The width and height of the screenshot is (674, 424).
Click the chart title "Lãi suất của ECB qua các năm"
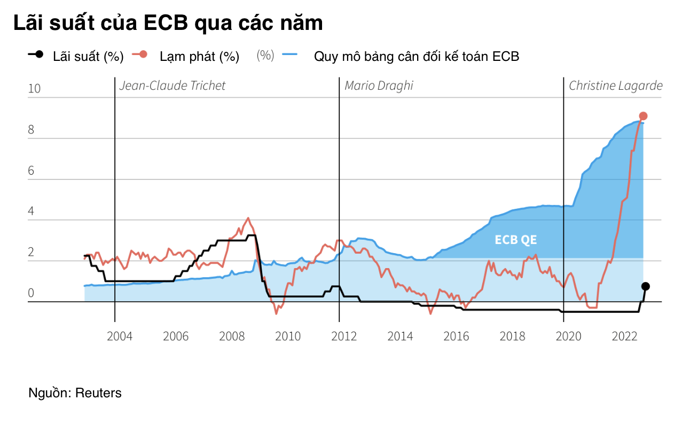(168, 23)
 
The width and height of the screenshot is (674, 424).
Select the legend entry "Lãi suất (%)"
(88, 57)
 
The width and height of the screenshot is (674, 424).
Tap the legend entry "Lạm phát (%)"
(199, 57)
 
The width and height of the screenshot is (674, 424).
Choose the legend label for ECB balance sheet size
(416, 57)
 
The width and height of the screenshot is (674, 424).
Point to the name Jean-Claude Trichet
(172, 86)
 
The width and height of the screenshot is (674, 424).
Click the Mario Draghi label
(379, 86)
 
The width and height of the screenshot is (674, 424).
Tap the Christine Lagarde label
(615, 86)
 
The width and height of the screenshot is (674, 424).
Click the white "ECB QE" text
(515, 240)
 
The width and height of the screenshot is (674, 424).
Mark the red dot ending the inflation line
(643, 116)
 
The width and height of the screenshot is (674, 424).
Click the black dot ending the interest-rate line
(645, 286)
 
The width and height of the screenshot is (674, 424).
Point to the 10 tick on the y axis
(34, 89)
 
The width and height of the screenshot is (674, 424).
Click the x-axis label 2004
(120, 336)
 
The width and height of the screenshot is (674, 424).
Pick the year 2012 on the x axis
(344, 336)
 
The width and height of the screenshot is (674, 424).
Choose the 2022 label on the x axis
(624, 336)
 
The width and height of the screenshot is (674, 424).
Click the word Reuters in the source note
(98, 394)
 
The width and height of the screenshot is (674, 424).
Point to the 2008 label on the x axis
(232, 336)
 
